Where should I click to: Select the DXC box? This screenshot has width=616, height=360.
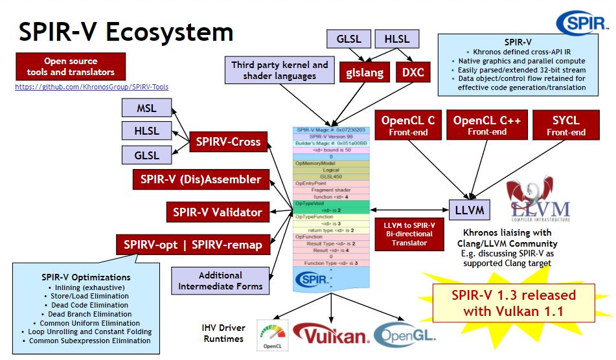click(413, 72)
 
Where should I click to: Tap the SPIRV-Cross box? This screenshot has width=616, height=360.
click(228, 142)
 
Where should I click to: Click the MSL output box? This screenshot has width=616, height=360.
click(146, 108)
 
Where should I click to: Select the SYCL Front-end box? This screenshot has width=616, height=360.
click(565, 125)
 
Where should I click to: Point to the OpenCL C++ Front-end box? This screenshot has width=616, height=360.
click(488, 125)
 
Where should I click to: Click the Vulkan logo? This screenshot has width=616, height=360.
click(331, 334)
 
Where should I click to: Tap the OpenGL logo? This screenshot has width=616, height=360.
click(405, 334)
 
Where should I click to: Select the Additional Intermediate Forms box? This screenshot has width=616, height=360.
click(220, 280)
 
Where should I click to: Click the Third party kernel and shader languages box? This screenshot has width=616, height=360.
click(280, 71)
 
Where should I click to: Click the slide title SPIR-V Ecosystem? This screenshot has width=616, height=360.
click(126, 32)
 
